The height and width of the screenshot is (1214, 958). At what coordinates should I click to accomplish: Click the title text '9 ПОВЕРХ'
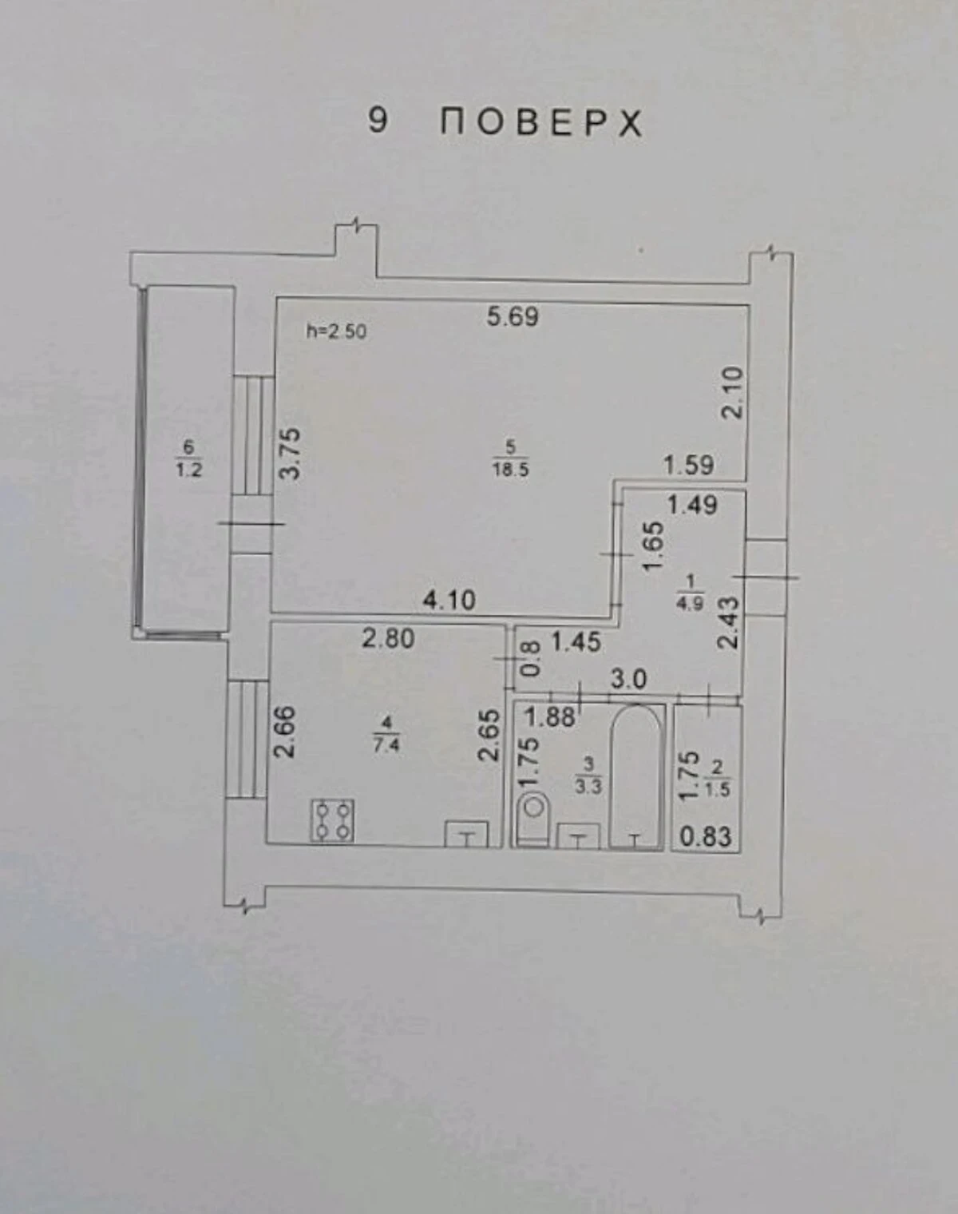point(505,122)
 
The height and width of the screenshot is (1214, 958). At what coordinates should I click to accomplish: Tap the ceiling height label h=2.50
point(336,331)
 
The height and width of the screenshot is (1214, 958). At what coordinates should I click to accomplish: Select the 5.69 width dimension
point(513,316)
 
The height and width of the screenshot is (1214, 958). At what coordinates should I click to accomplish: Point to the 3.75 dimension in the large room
point(291,454)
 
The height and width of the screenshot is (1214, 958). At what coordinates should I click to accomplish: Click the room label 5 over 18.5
point(511,458)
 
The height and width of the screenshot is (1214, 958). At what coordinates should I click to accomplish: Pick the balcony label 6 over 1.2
point(189,459)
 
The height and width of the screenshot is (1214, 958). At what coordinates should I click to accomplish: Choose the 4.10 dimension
point(449,601)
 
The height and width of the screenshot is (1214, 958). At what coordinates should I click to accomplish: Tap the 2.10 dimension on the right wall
point(733,392)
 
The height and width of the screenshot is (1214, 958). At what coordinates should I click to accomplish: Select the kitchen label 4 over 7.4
point(386,734)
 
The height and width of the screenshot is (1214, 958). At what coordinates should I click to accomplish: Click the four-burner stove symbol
point(333,821)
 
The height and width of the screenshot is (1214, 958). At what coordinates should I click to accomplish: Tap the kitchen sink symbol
point(467,835)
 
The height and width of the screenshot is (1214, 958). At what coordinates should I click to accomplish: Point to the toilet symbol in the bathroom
point(532,819)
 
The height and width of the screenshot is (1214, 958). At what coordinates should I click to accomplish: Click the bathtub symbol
point(635,776)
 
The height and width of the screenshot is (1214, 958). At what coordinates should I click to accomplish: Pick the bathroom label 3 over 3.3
point(588,776)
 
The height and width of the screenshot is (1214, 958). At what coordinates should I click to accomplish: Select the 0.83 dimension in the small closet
point(706,836)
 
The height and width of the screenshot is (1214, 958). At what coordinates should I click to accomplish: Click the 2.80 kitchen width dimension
point(388,639)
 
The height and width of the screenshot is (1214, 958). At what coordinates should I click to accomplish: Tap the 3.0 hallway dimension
point(629,680)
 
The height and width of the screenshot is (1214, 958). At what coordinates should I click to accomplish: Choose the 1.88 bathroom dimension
point(550,717)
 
